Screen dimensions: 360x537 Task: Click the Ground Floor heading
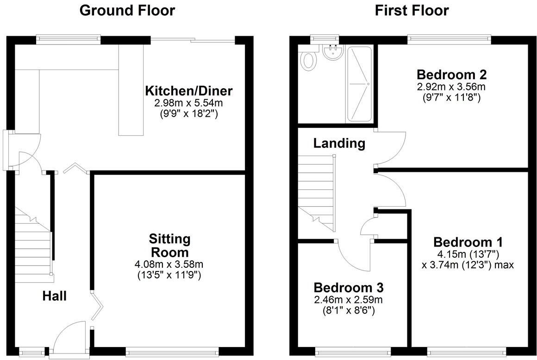(x=127, y=10)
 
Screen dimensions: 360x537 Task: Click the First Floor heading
(x=412, y=10)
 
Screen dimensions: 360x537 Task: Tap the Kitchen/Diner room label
(x=188, y=90)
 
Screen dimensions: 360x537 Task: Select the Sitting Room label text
(x=169, y=246)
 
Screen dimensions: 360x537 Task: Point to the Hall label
(x=55, y=296)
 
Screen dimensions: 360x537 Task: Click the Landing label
(x=339, y=143)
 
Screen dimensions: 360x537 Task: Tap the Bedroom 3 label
(x=348, y=287)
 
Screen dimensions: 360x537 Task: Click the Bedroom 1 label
(x=468, y=242)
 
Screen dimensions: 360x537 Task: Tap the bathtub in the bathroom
(x=359, y=84)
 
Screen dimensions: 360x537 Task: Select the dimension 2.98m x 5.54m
(x=188, y=103)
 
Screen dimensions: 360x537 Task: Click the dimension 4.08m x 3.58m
(x=169, y=265)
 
